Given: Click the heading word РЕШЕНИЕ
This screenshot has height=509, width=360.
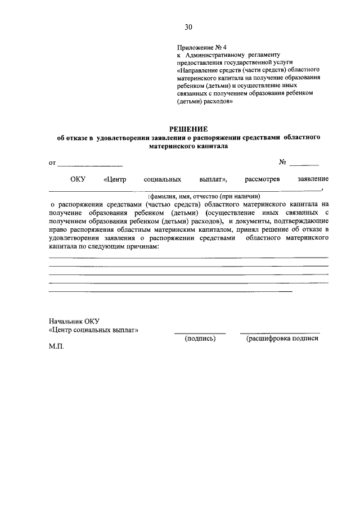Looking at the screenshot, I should pos(188,129).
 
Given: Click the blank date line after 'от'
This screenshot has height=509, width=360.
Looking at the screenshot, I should pos(90,164).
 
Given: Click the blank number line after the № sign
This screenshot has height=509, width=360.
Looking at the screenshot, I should pos(304,164).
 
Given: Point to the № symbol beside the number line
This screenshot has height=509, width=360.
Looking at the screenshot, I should pos(283,162).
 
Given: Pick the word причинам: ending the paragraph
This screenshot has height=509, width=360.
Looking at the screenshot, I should pos(139,247).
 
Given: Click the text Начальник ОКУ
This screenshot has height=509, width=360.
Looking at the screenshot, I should pos(70,321).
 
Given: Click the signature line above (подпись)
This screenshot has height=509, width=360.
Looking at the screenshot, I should pos(199,333).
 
